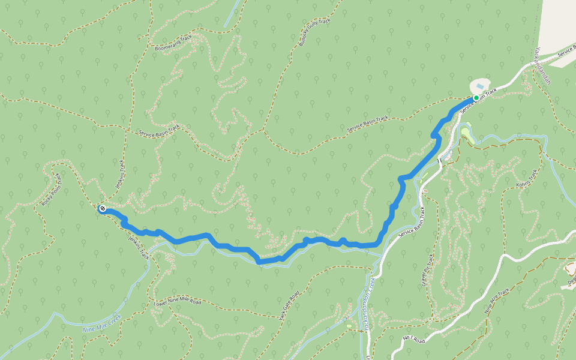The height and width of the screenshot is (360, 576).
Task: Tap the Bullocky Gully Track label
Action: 314,33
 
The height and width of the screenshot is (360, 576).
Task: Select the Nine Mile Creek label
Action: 101,323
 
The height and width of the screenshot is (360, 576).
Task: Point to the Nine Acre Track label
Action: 497,302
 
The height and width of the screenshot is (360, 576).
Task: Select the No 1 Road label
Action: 414,340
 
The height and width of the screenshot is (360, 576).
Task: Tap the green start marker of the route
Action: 476,98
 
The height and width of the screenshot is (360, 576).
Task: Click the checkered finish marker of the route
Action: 103,208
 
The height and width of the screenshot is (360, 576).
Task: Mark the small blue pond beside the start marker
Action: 480,86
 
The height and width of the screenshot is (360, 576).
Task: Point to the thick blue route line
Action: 234,248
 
